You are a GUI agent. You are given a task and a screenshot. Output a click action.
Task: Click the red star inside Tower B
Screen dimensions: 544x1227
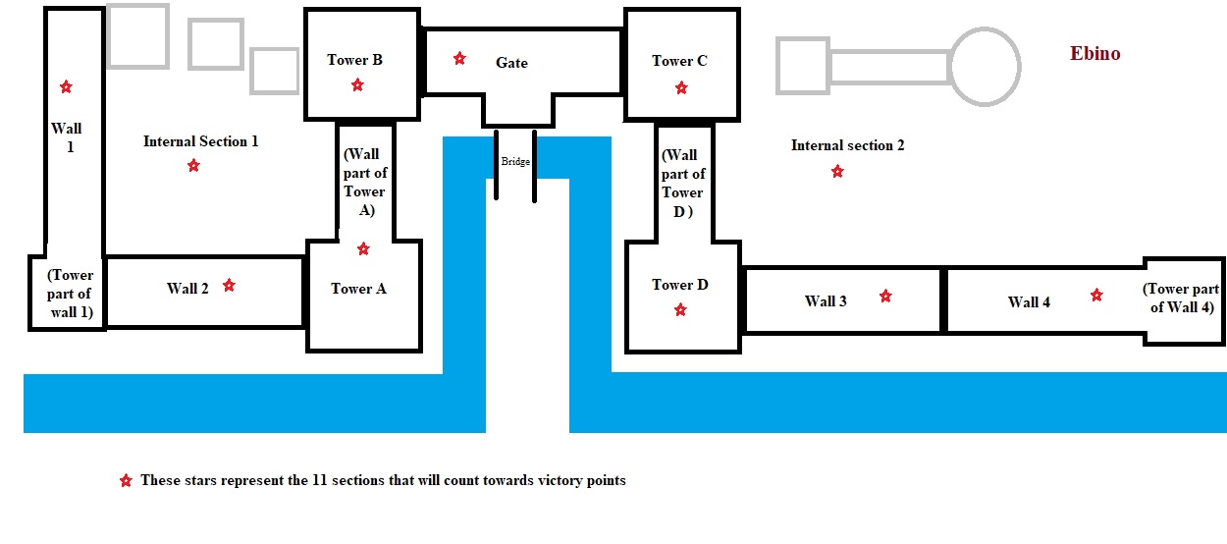[357, 85]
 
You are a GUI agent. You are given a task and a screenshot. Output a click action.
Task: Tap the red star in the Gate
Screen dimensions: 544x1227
[459, 59]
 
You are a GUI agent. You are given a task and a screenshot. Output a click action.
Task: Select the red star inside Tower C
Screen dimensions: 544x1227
[681, 88]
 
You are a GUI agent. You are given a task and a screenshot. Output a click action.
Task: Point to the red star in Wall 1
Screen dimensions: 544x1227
[66, 87]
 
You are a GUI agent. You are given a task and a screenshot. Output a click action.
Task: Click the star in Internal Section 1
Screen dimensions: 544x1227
[193, 166]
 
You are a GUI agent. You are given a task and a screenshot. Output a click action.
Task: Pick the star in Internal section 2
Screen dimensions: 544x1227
[837, 172]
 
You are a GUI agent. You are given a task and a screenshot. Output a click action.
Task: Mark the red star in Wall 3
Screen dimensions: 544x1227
[885, 296]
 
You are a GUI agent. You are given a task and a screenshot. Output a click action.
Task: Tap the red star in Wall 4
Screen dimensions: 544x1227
[1096, 296]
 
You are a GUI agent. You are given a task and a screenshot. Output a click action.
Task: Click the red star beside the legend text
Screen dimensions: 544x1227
[125, 481]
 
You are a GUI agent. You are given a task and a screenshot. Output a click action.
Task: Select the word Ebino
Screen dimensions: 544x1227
[1094, 54]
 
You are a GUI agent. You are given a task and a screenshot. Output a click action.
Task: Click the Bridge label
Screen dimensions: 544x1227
[514, 161]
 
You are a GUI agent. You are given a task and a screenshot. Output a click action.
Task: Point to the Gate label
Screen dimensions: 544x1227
[511, 63]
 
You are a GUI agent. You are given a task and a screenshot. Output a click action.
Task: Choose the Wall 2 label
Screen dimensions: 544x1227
[187, 289]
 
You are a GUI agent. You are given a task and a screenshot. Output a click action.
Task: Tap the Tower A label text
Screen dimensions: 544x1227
[358, 289]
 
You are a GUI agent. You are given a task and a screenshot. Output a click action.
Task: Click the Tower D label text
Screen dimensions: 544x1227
[680, 285]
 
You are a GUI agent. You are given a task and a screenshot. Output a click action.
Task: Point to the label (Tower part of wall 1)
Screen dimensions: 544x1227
[69, 293]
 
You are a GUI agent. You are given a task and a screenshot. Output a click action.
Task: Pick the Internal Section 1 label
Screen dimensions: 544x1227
[200, 141]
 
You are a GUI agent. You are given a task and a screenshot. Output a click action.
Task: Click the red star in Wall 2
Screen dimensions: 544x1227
[229, 286]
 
